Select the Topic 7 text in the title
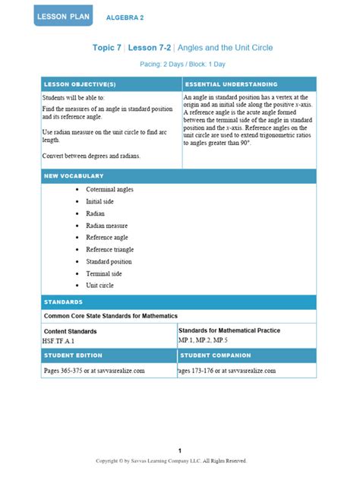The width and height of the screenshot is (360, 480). click(106, 48)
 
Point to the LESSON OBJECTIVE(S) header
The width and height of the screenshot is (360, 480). click(80, 84)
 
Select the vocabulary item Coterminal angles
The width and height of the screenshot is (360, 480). click(111, 189)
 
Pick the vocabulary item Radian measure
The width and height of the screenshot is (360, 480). click(107, 225)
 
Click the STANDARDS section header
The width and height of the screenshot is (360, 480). click(64, 302)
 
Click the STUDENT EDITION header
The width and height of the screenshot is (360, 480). click(74, 355)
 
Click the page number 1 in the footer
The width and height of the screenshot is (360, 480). click(179, 450)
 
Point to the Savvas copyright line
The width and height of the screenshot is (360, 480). click(171, 460)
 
